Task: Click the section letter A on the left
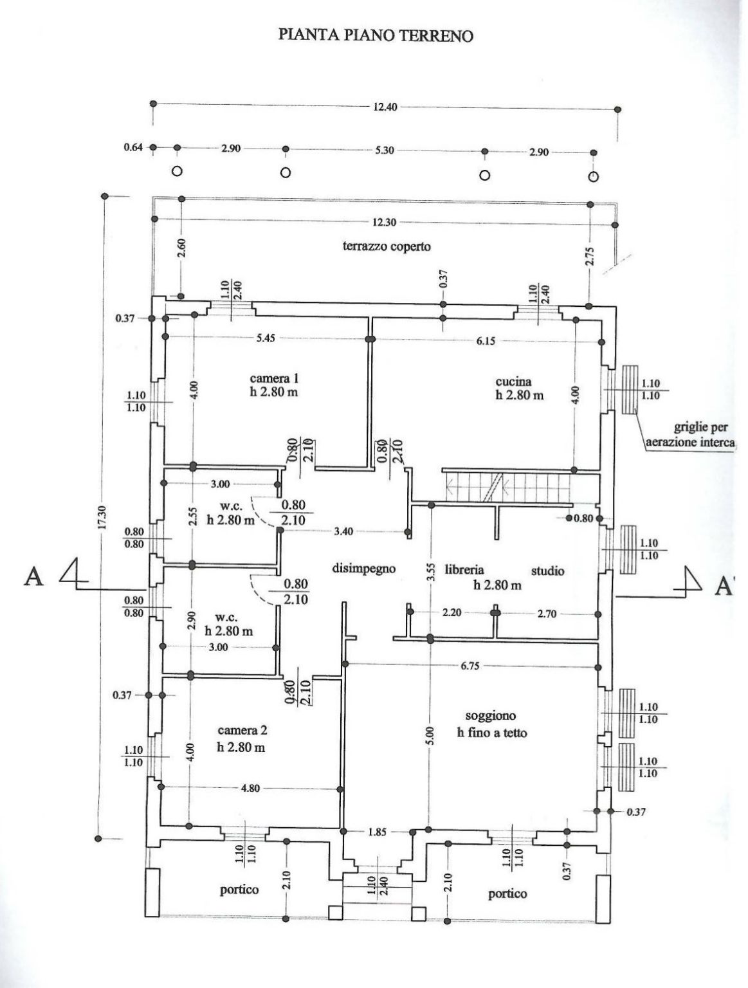[x=33, y=576]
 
